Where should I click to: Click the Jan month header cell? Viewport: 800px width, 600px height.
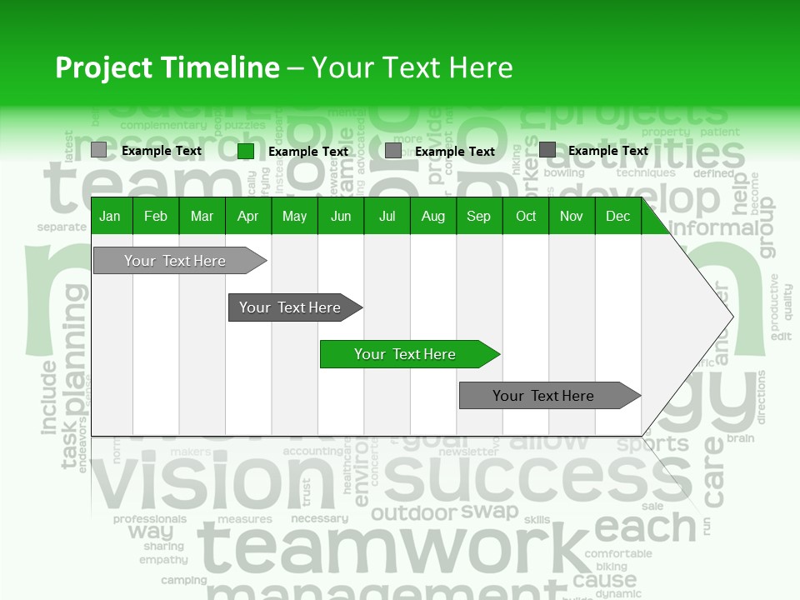point(110,217)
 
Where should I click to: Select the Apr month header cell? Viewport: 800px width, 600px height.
point(247,217)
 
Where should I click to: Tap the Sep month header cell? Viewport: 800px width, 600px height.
point(478,217)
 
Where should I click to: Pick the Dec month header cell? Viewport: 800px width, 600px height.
point(617,217)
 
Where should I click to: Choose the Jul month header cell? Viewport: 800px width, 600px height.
point(387,217)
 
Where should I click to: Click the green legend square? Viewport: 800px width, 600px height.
point(246,151)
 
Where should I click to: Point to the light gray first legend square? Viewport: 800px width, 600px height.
point(99,150)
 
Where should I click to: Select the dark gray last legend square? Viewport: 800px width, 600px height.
point(547,150)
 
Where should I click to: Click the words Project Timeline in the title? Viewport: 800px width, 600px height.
point(167,67)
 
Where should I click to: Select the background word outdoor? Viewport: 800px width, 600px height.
point(413,513)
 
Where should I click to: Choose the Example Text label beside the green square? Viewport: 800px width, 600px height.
point(307,152)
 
